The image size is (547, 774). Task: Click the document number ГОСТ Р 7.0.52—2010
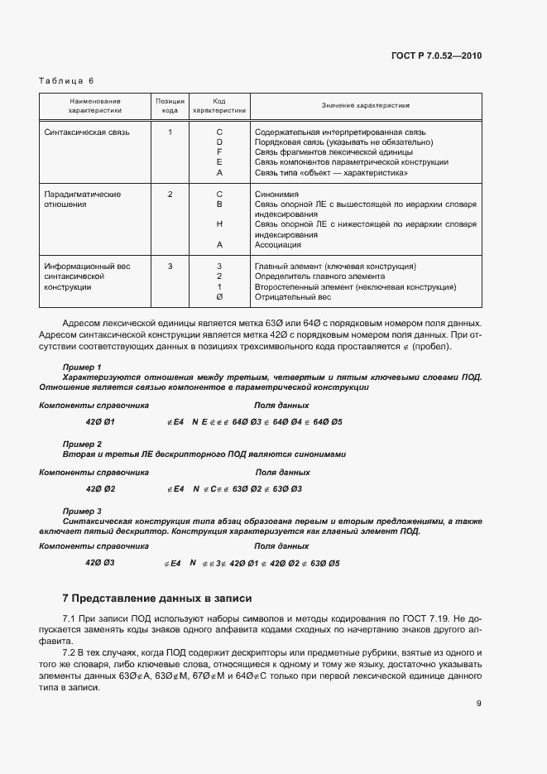coord(435,55)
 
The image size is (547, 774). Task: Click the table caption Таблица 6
coord(67,80)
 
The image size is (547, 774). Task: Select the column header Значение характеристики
coord(366,106)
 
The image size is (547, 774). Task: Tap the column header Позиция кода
coord(169,105)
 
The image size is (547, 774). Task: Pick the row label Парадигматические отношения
coord(82,199)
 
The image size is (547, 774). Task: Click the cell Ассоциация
coord(278,245)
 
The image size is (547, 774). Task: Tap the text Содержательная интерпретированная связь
coord(340,132)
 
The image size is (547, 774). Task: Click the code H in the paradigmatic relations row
coord(219,224)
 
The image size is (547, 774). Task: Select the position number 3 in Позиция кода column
coord(170,266)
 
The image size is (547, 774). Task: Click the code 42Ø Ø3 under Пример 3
coord(99,563)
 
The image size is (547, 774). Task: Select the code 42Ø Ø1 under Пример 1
coord(99,422)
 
